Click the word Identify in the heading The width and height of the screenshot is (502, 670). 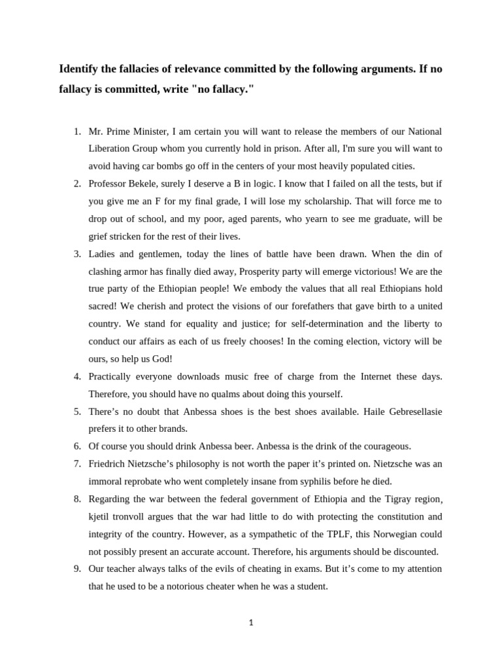[x=80, y=69]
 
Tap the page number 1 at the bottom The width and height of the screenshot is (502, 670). [x=251, y=623]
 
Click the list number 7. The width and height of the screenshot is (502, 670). [x=77, y=464]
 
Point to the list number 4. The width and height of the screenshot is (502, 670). [x=77, y=376]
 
